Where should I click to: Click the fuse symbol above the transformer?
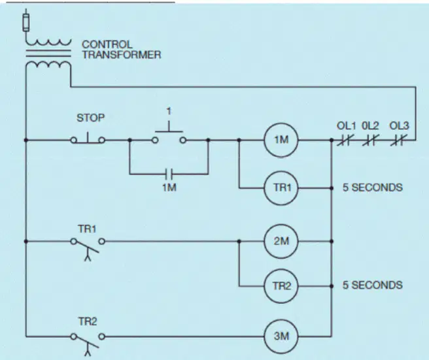coord(26,22)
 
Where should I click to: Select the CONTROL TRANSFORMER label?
coord(122,50)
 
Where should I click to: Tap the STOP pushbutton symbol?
coord(88,139)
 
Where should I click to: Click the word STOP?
coord(90,118)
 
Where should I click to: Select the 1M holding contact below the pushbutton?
coord(169,174)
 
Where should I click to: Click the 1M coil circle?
coord(281,140)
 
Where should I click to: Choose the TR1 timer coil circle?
coord(281,188)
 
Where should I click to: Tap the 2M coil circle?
coord(281,241)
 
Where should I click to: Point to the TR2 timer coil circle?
coord(281,286)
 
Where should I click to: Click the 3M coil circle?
coord(281,336)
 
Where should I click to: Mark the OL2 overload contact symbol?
coord(371,140)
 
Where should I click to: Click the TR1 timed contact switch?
coord(88,246)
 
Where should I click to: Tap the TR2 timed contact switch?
coord(88,342)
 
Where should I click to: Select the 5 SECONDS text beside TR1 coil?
coord(373,188)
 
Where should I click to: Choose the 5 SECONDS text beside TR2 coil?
coord(373,285)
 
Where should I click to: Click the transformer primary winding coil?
coord(48,42)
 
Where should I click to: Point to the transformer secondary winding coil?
coord(48,65)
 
